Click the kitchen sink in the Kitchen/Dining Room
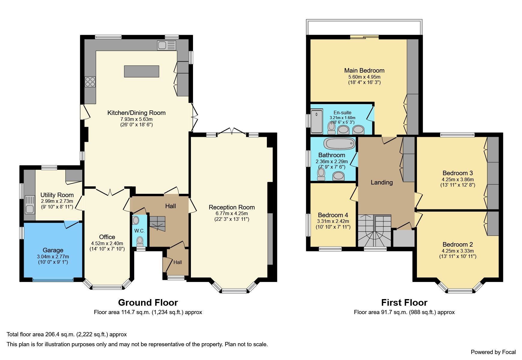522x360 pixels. [x=166, y=46]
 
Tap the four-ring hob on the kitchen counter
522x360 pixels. [x=90, y=82]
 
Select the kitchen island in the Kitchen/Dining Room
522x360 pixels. [x=141, y=71]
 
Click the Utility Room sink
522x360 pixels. [x=30, y=204]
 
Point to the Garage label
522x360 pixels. [x=53, y=250]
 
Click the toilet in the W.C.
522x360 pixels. [x=140, y=241]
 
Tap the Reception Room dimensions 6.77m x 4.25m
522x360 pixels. [x=231, y=214]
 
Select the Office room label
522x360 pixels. [x=107, y=237]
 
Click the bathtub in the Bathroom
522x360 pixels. [x=339, y=144]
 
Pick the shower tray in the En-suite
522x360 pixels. [x=317, y=121]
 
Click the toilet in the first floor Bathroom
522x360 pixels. [x=321, y=174]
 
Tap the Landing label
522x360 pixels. [x=382, y=182]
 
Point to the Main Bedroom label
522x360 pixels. [x=364, y=70]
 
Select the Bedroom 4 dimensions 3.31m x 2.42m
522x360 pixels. [x=333, y=221]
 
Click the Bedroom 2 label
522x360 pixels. [x=457, y=244]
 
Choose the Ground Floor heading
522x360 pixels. [x=148, y=302]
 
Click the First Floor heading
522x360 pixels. [x=404, y=302]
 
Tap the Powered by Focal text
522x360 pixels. [x=493, y=352]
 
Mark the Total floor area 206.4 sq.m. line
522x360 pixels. [x=67, y=334]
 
